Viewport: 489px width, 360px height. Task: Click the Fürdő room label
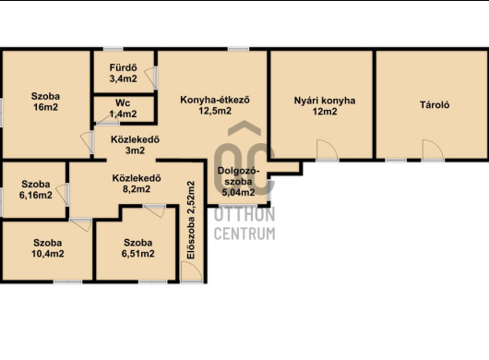click(x=123, y=67)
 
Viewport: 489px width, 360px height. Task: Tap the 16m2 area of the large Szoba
click(x=45, y=107)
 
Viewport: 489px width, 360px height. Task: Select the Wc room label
click(x=123, y=103)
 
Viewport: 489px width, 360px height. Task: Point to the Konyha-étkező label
click(x=215, y=100)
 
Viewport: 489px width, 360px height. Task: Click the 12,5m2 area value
click(x=215, y=111)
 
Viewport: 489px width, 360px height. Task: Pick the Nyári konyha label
click(x=325, y=101)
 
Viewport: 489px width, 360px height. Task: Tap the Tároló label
click(x=435, y=105)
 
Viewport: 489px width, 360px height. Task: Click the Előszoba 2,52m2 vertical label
click(x=191, y=220)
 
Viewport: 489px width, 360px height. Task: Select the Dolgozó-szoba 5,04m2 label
click(x=238, y=182)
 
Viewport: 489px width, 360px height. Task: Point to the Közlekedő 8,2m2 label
click(x=137, y=184)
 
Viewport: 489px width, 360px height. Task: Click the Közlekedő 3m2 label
click(x=135, y=145)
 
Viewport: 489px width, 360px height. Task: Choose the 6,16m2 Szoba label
click(x=36, y=189)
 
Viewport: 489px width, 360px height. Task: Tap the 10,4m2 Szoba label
click(x=48, y=248)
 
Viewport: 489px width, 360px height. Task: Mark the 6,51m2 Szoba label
click(x=137, y=248)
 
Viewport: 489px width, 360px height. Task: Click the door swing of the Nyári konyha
click(x=327, y=150)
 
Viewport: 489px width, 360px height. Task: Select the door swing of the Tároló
click(x=433, y=150)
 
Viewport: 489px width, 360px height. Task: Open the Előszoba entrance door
click(x=192, y=272)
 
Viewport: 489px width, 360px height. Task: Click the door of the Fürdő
click(x=150, y=78)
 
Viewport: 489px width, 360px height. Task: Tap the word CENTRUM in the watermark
click(x=244, y=234)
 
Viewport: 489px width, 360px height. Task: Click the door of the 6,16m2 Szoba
click(x=63, y=195)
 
